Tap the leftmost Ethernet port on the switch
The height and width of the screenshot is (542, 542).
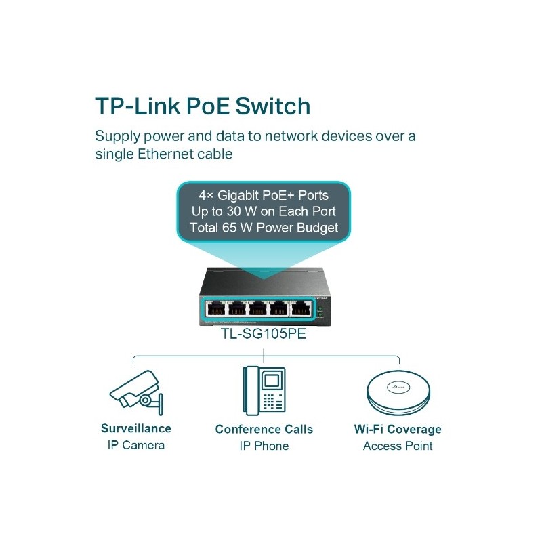[215, 308]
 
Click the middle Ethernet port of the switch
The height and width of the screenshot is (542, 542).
[257, 308]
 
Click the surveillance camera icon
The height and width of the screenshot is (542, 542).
[136, 392]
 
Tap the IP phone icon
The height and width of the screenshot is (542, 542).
[264, 391]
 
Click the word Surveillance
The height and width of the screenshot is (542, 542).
[136, 428]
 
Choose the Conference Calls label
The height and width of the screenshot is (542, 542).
[264, 429]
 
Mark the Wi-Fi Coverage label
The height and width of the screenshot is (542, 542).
[398, 429]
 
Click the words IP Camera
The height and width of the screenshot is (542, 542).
[136, 445]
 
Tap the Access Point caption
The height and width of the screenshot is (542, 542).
[398, 446]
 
